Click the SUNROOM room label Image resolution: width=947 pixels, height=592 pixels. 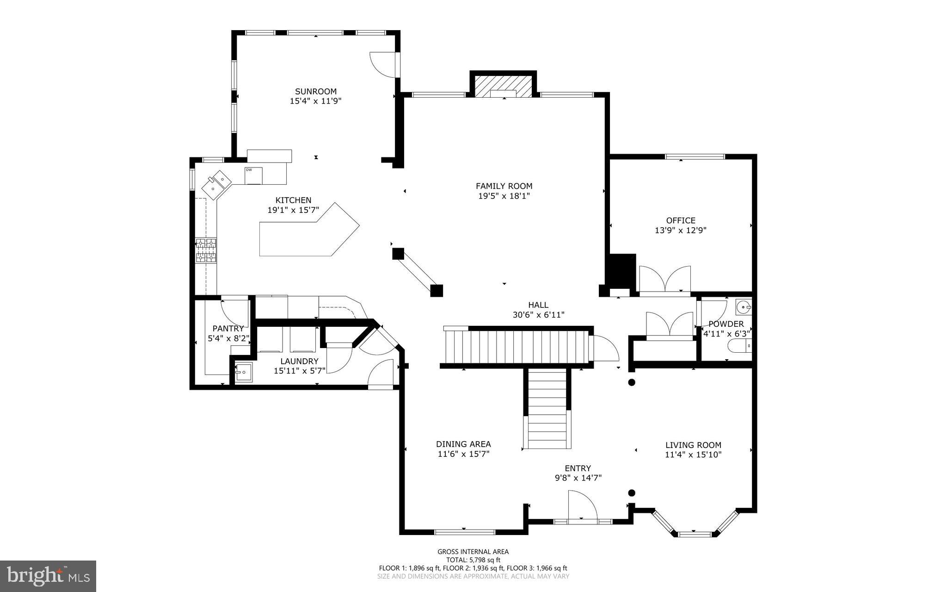(x=316, y=92)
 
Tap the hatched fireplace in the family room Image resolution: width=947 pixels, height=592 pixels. (x=504, y=87)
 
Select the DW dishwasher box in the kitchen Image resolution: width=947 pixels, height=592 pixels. (x=253, y=175)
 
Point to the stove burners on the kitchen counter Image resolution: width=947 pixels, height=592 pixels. (x=206, y=250)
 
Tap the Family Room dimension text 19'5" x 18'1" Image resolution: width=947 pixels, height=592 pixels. (x=504, y=196)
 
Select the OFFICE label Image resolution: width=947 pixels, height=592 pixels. (x=681, y=220)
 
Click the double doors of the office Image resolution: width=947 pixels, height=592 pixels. (x=664, y=280)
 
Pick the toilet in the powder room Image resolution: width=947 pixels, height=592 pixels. (x=739, y=345)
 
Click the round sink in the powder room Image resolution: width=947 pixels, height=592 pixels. (x=743, y=307)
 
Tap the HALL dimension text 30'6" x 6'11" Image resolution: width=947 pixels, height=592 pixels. (x=538, y=315)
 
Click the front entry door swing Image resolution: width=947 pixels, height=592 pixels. (x=582, y=507)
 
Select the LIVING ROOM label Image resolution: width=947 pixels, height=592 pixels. (x=693, y=445)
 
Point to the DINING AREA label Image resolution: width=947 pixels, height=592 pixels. (x=463, y=444)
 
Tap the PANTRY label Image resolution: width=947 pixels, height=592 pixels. (x=228, y=329)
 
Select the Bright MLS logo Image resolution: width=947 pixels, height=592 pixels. (x=48, y=576)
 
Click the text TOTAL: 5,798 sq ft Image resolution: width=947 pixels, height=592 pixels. (x=473, y=560)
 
